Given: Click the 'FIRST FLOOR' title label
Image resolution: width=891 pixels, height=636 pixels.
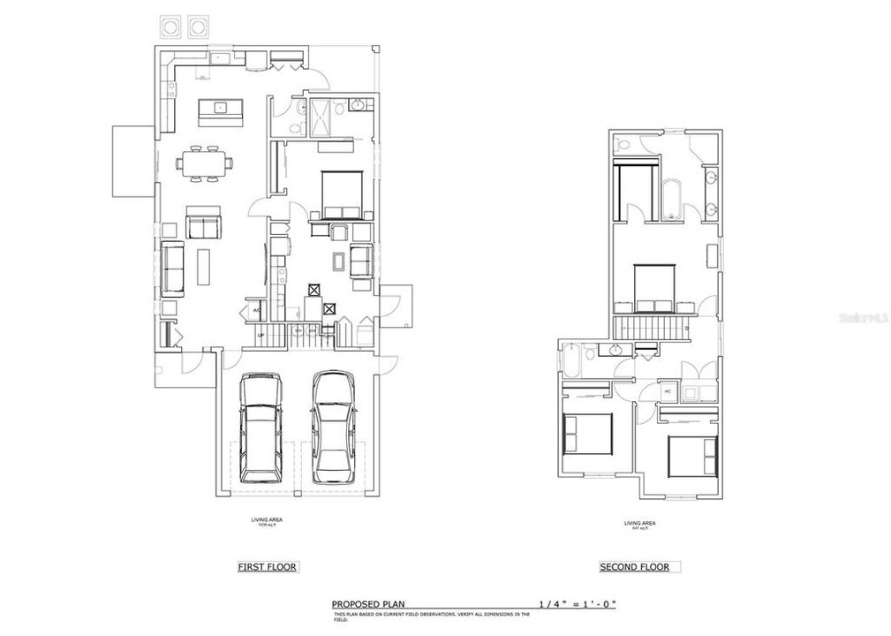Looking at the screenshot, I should pos(267,567).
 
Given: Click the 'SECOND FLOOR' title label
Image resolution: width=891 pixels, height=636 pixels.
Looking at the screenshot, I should pos(634,567).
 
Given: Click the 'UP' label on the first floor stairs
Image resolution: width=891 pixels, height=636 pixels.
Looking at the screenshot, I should pos(261,336).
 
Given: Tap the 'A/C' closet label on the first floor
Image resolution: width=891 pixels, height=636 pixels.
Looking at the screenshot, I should pos(256,311).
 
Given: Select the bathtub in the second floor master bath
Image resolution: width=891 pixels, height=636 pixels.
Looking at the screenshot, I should pos(670,199).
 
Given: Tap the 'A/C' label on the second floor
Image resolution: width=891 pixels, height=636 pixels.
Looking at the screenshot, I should pos(668,391).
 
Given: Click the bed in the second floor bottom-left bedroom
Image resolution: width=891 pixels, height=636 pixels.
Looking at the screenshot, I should pos(587,433).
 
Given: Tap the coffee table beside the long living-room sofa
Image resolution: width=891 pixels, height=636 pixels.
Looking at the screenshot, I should pos(204,265).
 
